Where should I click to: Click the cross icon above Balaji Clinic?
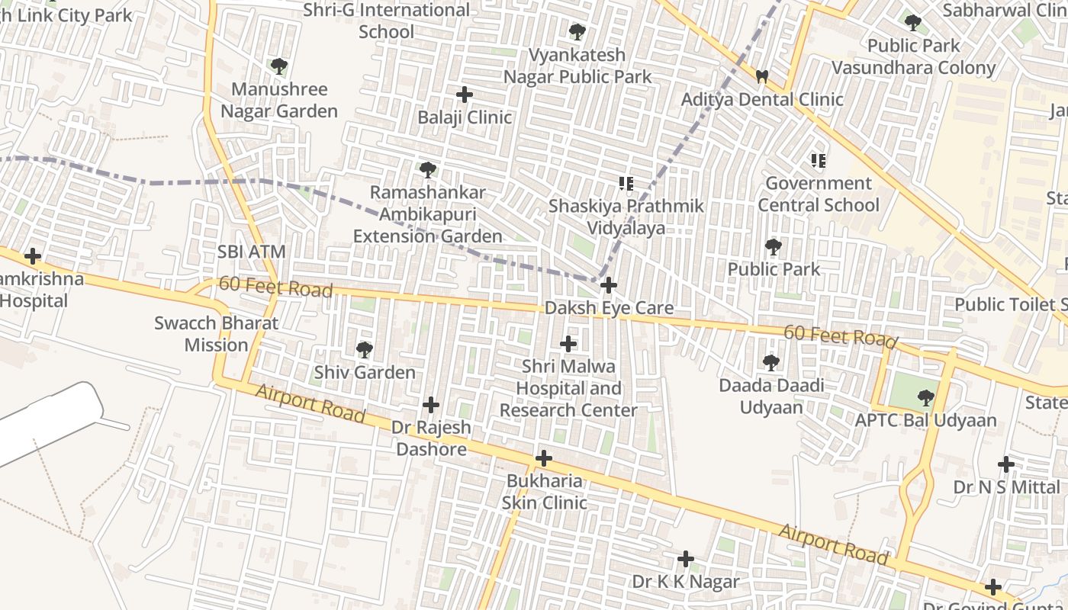pos(464,95)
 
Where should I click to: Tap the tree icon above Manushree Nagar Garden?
pos(279,67)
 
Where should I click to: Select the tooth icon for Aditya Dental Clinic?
pos(761,76)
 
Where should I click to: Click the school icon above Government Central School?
pos(819,161)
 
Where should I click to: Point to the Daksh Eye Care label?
pos(609,308)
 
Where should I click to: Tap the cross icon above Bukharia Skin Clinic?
pos(543,459)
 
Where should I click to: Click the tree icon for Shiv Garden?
pos(365,350)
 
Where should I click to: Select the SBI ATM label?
pos(251,252)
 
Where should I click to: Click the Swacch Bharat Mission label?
pos(217,334)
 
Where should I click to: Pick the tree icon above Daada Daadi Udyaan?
pos(771,363)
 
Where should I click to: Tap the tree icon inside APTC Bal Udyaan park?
pos(925,397)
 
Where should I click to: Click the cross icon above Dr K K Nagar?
pos(686,560)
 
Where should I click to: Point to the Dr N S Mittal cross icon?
pos(1006,464)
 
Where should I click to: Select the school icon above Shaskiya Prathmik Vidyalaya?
pos(626,184)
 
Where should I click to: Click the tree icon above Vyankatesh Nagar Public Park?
pos(577,32)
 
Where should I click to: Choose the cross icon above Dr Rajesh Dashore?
pos(431,405)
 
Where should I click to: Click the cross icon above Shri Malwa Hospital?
pos(568,344)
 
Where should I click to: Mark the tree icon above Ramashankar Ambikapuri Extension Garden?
pos(428,170)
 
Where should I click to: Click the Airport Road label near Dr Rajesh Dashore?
pos(310,403)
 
